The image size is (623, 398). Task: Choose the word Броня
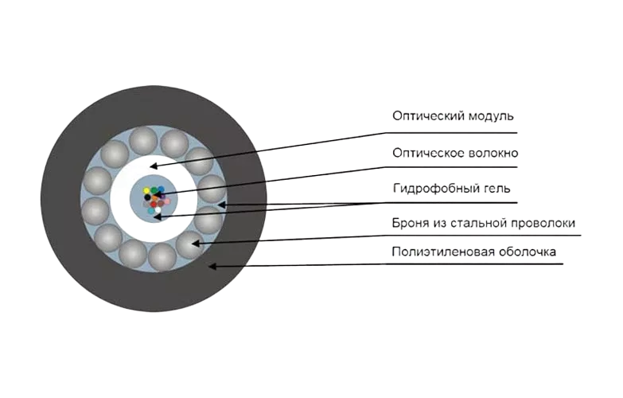(409, 224)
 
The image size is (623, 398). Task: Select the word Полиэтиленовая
(437, 253)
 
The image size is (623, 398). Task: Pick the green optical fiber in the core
(155, 189)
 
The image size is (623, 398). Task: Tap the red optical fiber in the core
(154, 205)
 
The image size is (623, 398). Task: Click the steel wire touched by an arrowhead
(188, 244)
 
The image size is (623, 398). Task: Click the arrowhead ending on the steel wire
(195, 242)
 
